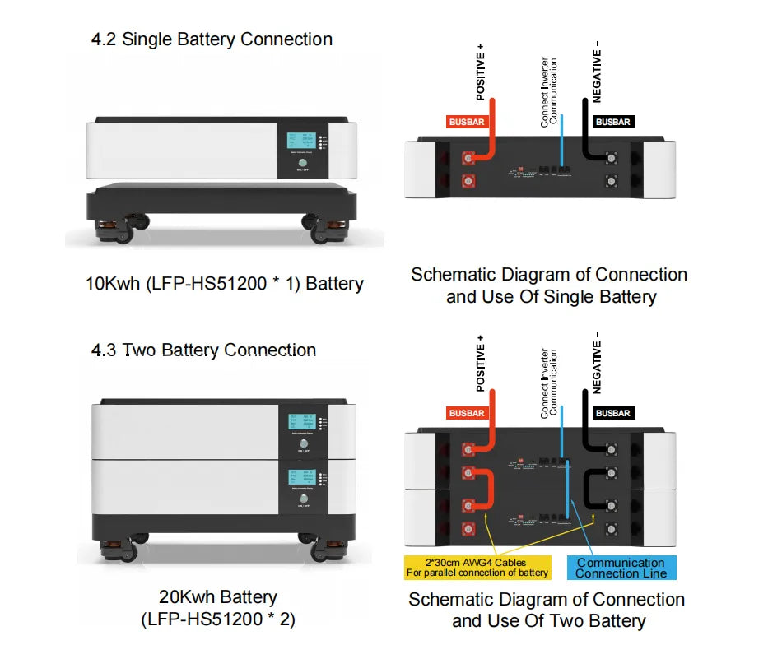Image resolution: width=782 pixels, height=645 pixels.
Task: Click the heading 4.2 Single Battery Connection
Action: tap(212, 39)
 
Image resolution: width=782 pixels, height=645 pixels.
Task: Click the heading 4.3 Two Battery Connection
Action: tap(203, 350)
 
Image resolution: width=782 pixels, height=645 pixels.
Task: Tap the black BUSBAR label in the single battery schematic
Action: tap(612, 122)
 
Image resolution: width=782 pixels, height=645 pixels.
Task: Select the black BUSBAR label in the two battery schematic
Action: tap(612, 413)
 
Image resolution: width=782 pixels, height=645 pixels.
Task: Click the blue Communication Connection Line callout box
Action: tap(621, 568)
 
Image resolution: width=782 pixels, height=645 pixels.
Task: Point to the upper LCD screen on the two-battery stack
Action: tap(300, 426)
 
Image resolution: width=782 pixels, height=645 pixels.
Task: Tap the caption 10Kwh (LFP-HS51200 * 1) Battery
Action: tap(225, 284)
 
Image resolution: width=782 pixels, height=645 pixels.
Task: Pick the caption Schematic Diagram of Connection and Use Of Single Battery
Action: tap(550, 285)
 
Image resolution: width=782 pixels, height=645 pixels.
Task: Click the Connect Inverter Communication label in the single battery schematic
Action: tap(549, 90)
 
